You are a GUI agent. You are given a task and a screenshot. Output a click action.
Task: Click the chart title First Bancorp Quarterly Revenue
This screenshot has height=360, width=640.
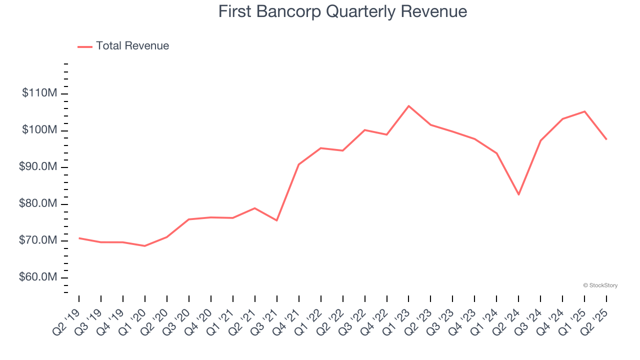[342, 11]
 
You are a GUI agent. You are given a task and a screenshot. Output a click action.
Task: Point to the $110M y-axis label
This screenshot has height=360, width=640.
[39, 93]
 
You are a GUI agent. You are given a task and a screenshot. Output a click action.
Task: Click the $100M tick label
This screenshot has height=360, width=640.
[39, 130]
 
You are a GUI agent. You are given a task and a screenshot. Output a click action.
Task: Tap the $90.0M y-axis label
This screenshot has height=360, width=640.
[38, 167]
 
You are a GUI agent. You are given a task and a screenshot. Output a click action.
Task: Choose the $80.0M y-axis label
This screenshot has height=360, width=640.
[38, 204]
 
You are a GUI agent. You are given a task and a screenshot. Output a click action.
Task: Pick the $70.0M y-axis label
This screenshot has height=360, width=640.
[38, 240]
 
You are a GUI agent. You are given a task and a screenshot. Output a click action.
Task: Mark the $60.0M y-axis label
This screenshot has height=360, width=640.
[38, 277]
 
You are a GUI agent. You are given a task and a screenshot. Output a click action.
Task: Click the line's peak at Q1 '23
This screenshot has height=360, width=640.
[408, 106]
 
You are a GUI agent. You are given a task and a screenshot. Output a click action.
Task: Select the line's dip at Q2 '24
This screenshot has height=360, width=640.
[518, 194]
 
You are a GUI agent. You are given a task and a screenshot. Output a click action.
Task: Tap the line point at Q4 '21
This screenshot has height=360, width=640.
[298, 164]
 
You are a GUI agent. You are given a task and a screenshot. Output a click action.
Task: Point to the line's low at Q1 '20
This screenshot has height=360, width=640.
[144, 246]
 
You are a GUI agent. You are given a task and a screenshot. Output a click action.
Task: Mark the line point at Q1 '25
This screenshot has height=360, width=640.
[584, 111]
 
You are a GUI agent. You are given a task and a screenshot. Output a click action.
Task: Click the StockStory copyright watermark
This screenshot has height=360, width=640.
[600, 285]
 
